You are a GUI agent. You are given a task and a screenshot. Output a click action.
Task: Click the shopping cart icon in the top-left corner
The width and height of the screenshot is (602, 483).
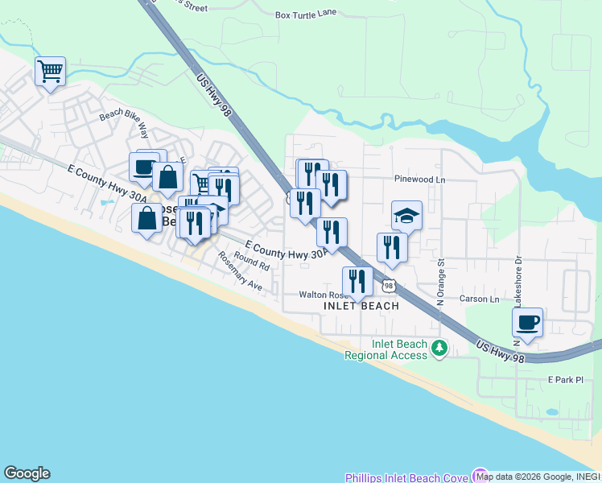50,72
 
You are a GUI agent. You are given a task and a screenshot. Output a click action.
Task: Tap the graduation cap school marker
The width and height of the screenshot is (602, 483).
406,215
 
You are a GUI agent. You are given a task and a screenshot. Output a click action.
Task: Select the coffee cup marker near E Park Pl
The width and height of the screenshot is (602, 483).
527,322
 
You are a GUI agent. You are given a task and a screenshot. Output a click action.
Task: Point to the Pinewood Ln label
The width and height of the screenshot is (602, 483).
419,179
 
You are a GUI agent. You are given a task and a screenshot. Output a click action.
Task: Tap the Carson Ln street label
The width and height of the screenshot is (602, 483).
479,299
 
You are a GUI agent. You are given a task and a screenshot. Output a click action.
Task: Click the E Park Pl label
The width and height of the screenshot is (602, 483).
565,378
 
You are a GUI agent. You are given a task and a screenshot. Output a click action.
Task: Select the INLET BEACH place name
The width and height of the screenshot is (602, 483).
361,307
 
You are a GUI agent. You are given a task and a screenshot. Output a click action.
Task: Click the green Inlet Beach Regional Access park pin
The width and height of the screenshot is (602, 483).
439,348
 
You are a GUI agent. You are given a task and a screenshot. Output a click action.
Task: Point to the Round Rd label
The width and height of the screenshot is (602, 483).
252,262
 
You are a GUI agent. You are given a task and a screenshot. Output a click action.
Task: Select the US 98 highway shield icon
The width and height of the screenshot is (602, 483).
389,286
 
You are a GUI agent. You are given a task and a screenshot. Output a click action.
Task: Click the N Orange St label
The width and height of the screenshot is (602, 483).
441,283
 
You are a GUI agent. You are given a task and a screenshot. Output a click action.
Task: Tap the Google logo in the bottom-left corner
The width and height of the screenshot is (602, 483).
27,473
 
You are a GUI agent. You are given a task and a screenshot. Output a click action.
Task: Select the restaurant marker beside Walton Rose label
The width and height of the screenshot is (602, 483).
357,281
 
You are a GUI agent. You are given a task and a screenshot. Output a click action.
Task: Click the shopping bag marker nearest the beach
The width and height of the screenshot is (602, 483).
147,218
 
